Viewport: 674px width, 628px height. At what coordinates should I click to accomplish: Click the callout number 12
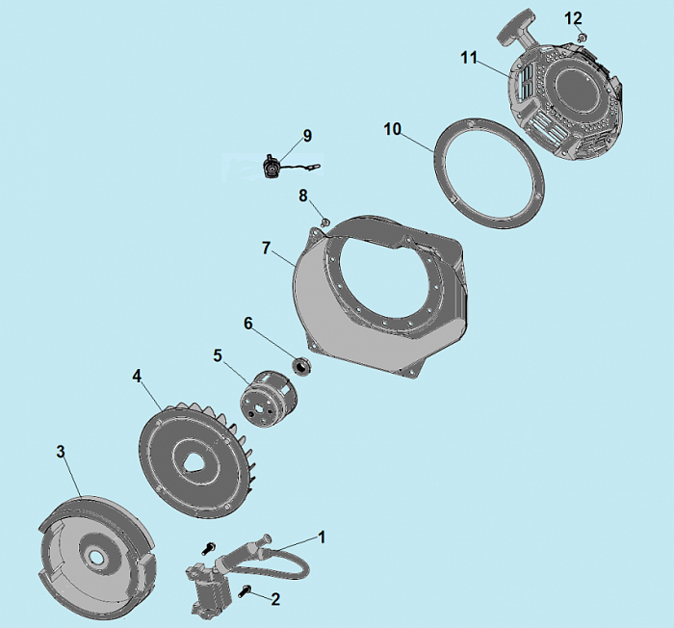[x=573, y=18]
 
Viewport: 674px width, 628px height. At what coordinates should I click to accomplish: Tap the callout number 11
[x=469, y=57]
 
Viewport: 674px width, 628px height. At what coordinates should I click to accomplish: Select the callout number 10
[x=392, y=129]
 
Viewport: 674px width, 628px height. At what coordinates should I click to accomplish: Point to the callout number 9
[x=307, y=136]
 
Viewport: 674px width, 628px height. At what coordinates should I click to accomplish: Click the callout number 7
[x=266, y=249]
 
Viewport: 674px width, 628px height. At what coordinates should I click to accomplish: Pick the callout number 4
[x=137, y=377]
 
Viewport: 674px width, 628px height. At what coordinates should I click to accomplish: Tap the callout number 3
[x=61, y=452]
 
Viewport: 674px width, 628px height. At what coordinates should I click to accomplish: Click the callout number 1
[x=321, y=537]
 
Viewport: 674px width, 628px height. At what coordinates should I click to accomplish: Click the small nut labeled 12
[x=583, y=37]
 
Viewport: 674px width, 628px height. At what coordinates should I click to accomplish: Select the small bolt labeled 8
[x=325, y=222]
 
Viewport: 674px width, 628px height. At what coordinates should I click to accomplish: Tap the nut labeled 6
[x=301, y=366]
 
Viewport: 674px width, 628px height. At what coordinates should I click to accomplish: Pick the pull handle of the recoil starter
[x=512, y=34]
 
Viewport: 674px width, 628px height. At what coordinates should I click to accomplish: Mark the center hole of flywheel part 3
[x=94, y=556]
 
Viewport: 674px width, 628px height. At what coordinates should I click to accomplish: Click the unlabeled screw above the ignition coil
[x=208, y=548]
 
